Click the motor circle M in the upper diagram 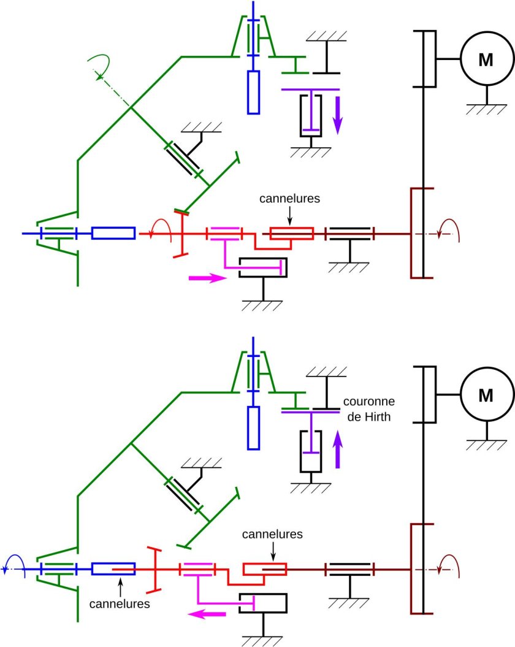click(486, 59)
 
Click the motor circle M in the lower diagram click(486, 395)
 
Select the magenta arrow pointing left click(207, 614)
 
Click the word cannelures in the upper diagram click(290, 199)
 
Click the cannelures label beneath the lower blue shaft click(121, 603)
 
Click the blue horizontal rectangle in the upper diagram click(113, 234)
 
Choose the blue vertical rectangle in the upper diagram click(254, 92)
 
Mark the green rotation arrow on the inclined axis click(99, 65)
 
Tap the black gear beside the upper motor click(428, 59)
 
